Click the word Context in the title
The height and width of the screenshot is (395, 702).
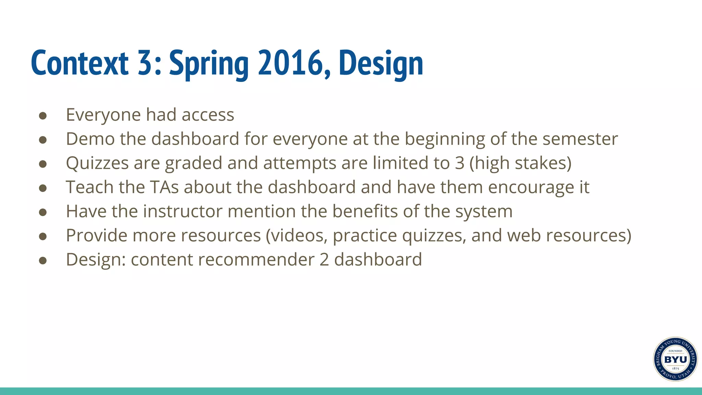(x=80, y=63)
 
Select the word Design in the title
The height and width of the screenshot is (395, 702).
(x=381, y=63)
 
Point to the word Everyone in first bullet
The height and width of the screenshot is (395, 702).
(x=103, y=115)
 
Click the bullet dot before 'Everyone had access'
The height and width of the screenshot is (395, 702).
(x=43, y=116)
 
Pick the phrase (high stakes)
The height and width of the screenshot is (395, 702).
(x=520, y=164)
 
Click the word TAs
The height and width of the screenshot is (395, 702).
(x=164, y=188)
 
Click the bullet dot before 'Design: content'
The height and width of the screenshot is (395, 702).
(x=43, y=261)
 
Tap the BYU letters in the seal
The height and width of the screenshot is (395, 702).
(x=675, y=359)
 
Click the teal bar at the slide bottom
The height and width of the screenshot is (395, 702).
(x=351, y=391)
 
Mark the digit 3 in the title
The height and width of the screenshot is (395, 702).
(x=145, y=63)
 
